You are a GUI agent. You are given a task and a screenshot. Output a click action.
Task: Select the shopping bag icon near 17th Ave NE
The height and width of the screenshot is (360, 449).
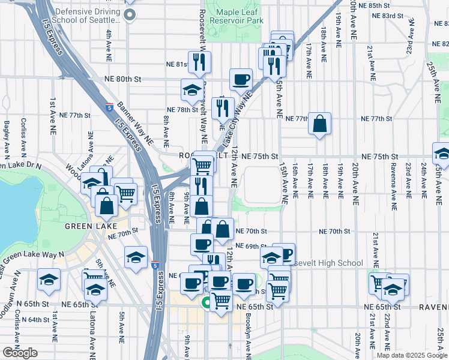(320, 124)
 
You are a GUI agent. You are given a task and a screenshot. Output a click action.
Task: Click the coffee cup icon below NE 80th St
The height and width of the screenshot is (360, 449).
(241, 79)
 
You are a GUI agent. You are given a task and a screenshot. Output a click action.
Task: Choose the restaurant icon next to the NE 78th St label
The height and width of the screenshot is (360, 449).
(222, 107)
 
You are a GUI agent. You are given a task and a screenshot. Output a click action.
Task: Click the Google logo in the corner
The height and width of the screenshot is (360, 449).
(19, 353)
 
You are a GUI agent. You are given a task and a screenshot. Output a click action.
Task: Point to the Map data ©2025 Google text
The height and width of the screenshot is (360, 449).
(412, 355)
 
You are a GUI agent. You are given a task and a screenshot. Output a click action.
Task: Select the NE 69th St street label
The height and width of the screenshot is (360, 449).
(250, 247)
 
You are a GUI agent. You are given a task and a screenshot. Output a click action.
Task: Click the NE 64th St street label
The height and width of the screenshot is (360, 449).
(33, 320)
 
